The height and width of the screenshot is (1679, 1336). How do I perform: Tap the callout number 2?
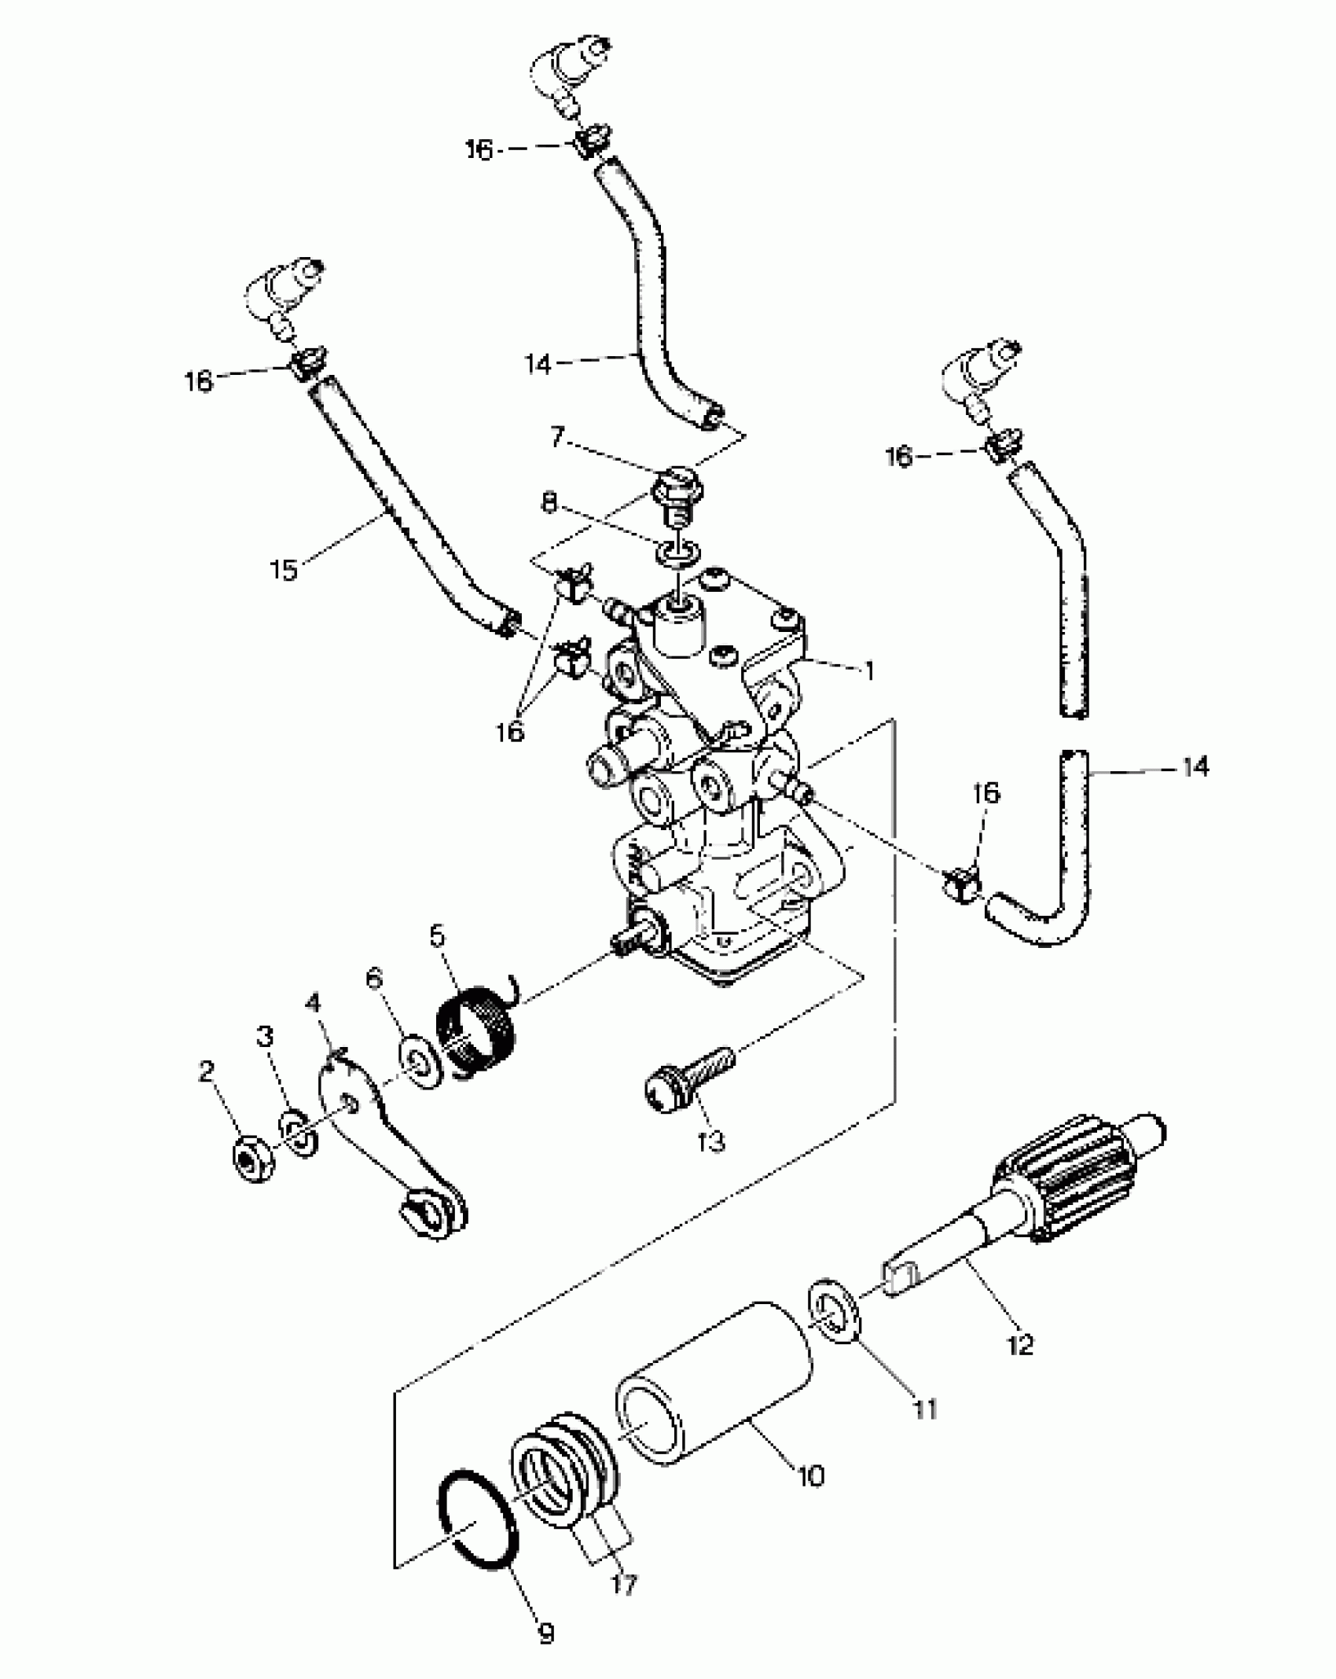click(x=206, y=1071)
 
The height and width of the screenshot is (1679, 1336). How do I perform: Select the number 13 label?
click(x=711, y=1141)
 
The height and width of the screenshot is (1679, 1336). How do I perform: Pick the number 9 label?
click(x=545, y=1633)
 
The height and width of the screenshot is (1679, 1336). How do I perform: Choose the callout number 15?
click(x=284, y=568)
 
